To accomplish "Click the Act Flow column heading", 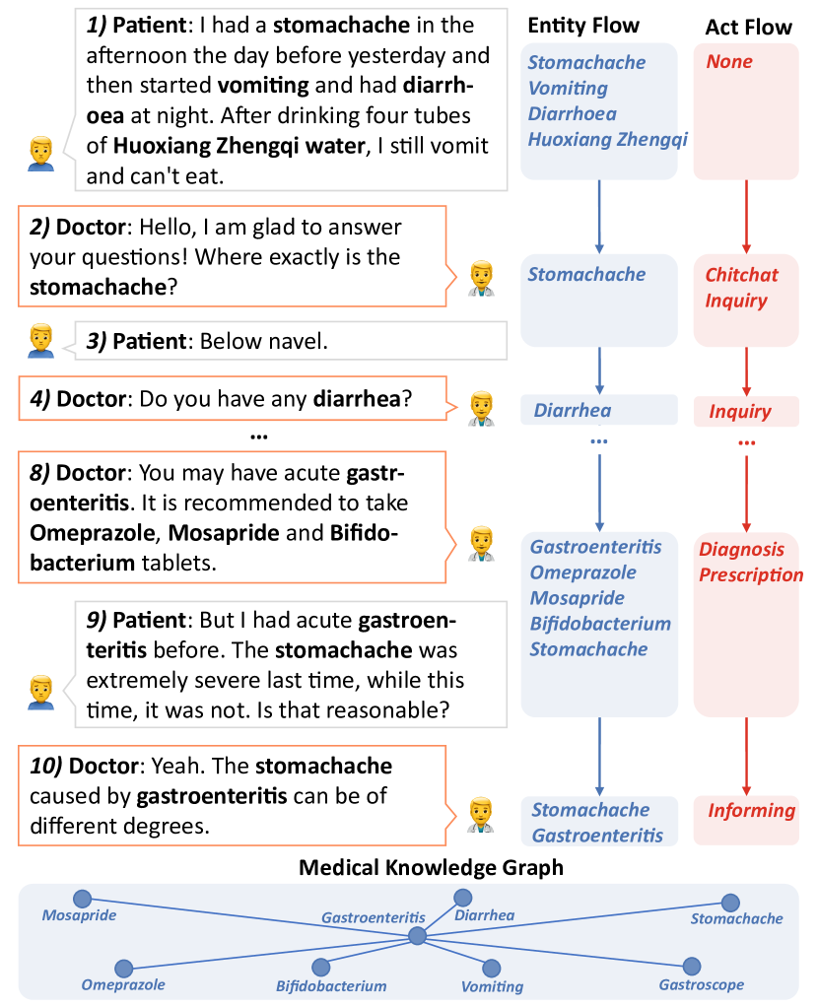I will (748, 27).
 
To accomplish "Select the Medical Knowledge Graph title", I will (431, 867).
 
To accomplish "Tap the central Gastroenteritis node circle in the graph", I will (417, 936).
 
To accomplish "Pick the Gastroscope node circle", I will (692, 967).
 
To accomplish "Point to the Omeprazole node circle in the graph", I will (123, 969).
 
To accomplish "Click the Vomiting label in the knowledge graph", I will (492, 986).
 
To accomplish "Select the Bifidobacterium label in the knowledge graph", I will (331, 985).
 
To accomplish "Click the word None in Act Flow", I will (729, 62).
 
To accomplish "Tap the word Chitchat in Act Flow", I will (741, 275).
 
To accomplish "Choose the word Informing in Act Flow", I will (751, 811).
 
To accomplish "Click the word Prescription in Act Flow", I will (751, 574).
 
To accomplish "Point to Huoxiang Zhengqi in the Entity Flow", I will (607, 139).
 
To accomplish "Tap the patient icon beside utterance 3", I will (39, 340).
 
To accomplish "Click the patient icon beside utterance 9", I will (39, 691).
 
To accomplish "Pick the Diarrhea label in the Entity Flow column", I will (573, 411).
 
